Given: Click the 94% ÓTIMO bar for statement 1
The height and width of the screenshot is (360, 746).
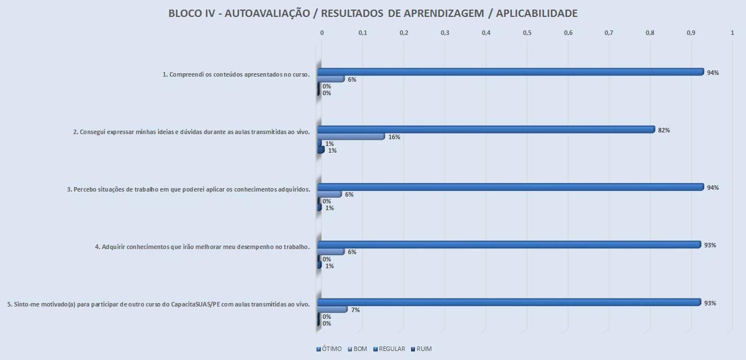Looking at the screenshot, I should click(x=510, y=72).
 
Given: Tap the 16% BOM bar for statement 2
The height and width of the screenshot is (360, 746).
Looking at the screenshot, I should click(x=350, y=136).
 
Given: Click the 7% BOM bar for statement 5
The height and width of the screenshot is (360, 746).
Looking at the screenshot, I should click(x=332, y=309).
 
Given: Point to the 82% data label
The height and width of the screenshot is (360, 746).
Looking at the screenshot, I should click(x=664, y=130).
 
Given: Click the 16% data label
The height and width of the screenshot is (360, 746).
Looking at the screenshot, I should click(x=394, y=137).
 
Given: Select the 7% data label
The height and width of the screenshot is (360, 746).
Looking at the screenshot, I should click(x=355, y=310).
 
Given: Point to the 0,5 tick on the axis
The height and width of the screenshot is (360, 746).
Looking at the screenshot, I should click(x=527, y=33).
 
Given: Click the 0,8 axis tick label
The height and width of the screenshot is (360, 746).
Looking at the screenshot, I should click(x=650, y=33).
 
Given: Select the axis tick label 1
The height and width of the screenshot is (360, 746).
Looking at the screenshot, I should click(x=732, y=33).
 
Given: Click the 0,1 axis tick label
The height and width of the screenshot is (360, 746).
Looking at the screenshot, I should click(x=363, y=33).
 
